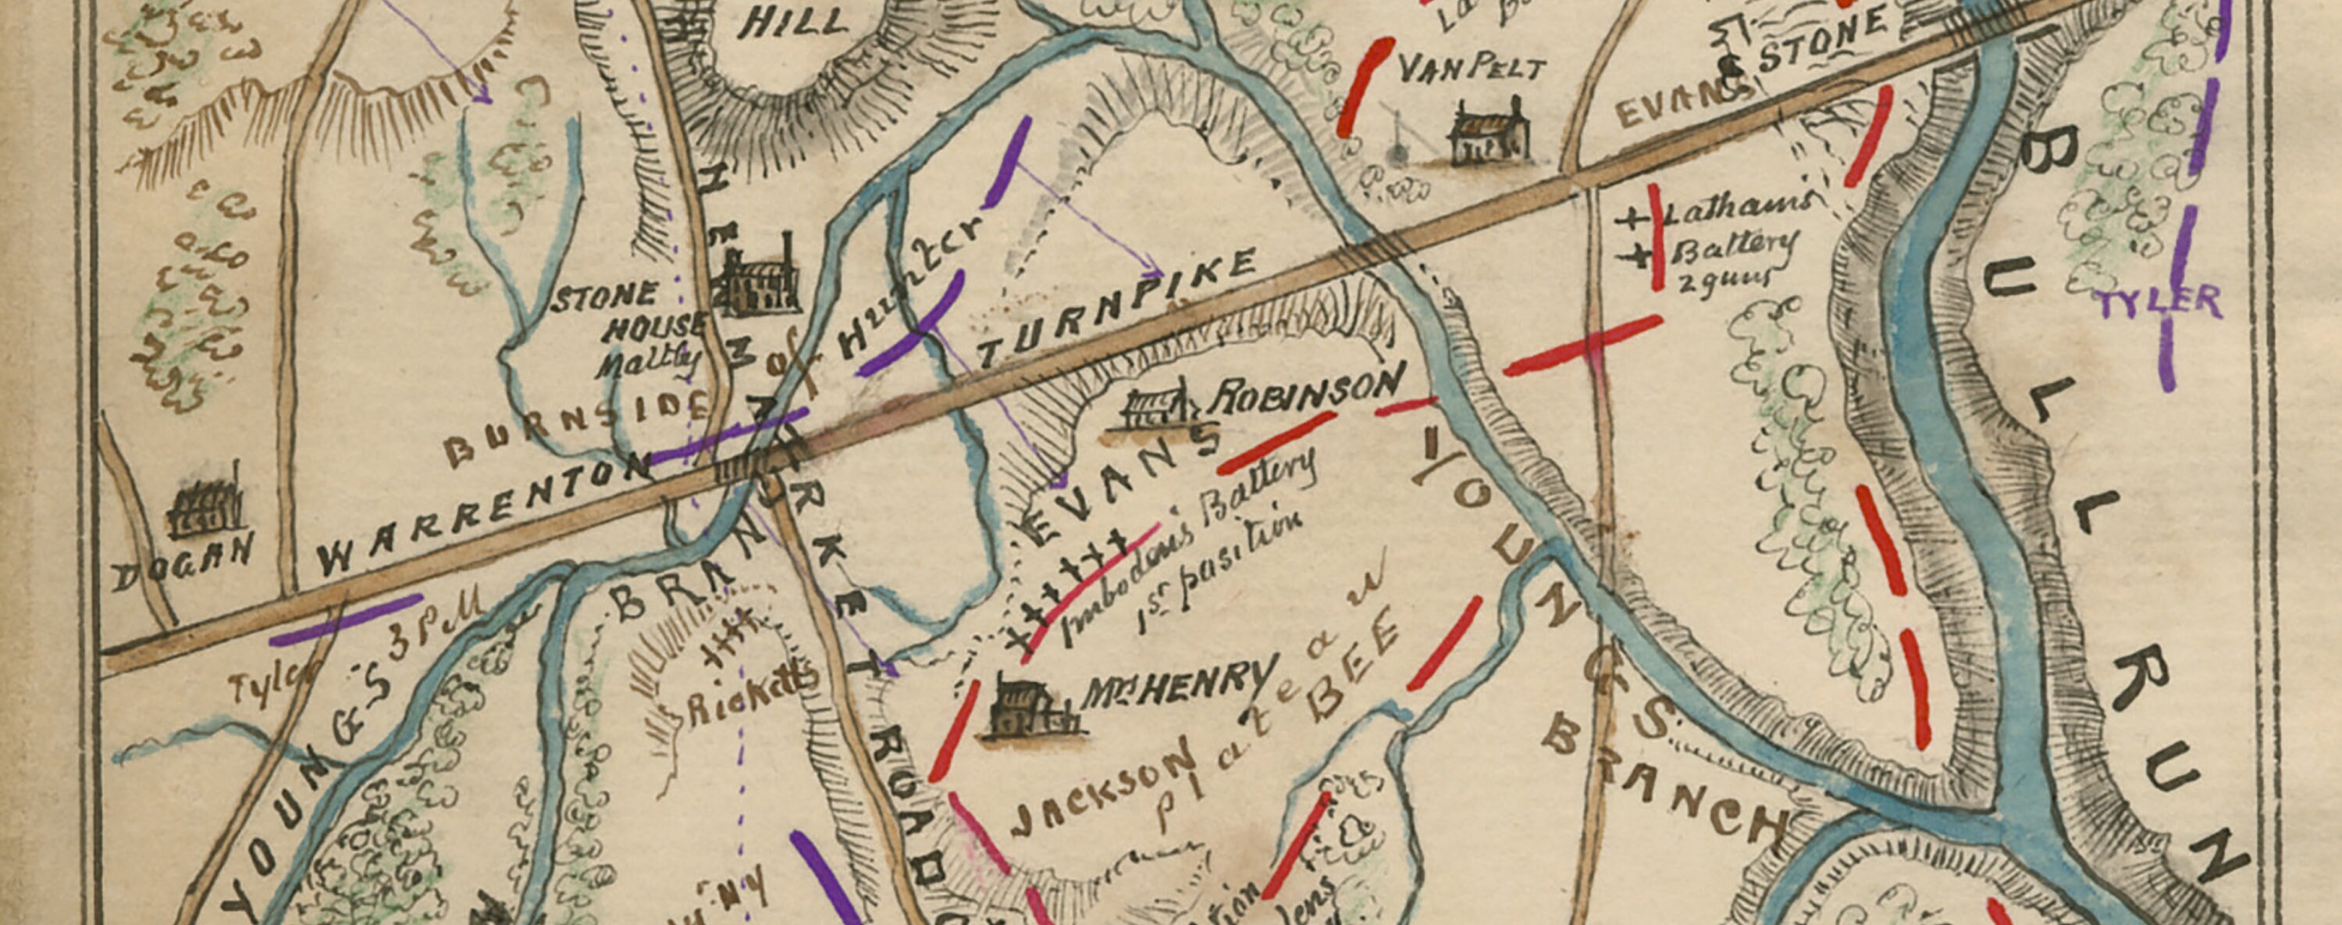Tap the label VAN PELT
pos(1470,69)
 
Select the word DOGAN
pos(182,562)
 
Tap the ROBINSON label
pos(1309,391)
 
